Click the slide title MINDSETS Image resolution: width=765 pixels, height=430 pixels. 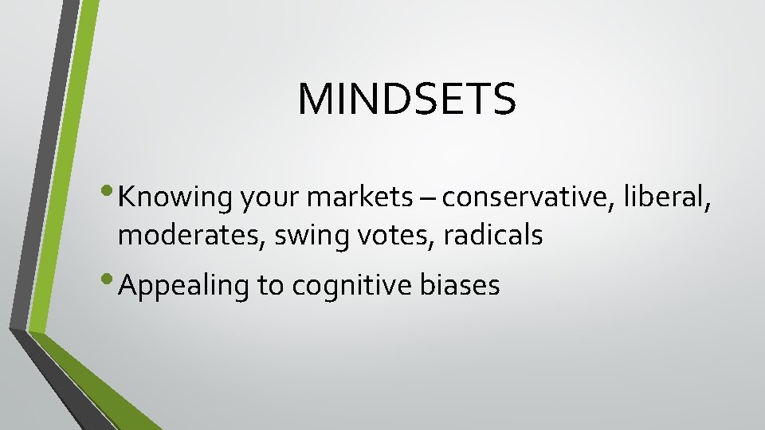(x=406, y=99)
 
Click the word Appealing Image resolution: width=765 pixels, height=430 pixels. (x=182, y=286)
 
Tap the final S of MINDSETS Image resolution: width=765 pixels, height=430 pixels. (x=504, y=99)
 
